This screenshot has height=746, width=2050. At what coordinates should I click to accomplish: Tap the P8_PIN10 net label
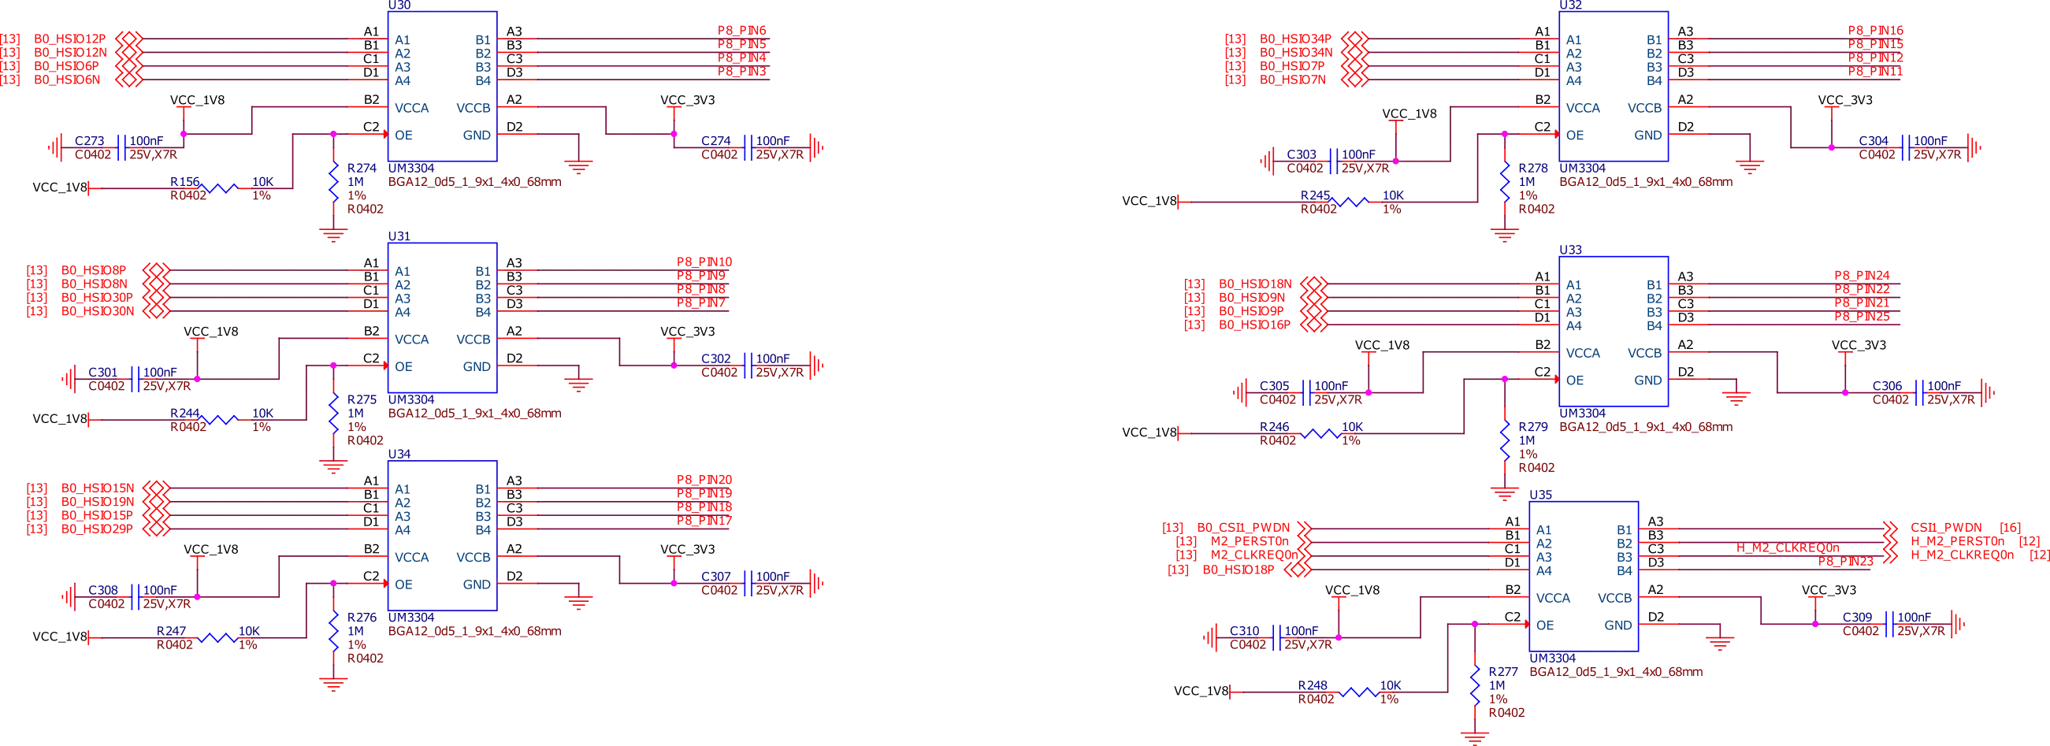(x=705, y=262)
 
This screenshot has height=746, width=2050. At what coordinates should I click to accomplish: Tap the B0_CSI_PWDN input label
(x=1246, y=526)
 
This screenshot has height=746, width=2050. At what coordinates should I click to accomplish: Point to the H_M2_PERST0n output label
(x=1958, y=542)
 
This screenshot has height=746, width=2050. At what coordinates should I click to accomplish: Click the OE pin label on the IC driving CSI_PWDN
(x=1544, y=625)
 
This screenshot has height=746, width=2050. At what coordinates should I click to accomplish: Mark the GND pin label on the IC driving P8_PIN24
(x=1647, y=381)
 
